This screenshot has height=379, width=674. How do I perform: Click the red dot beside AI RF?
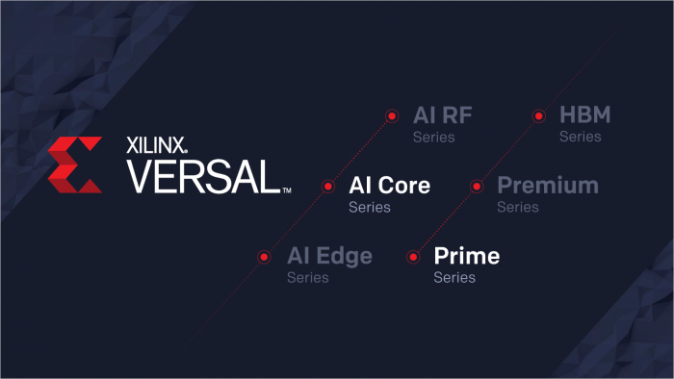392,116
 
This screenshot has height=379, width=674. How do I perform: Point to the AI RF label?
442,116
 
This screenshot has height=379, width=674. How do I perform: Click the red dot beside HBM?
538,116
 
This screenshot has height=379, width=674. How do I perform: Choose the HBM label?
584,116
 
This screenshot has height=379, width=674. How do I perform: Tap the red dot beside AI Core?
327,187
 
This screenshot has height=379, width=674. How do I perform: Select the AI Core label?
389,186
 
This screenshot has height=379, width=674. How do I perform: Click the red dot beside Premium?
475,186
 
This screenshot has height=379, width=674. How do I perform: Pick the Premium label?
547,186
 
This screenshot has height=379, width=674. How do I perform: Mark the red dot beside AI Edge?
265,257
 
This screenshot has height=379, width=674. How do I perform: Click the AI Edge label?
329,257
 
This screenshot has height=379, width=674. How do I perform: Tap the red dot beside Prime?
413,257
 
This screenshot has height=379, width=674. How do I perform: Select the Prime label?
466,257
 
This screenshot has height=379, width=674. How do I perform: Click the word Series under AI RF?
434,137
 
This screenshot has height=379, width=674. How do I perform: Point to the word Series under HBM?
581,137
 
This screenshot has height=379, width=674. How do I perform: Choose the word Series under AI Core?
370,207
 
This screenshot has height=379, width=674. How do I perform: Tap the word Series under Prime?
454,278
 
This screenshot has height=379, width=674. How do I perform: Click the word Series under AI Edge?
308,278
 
